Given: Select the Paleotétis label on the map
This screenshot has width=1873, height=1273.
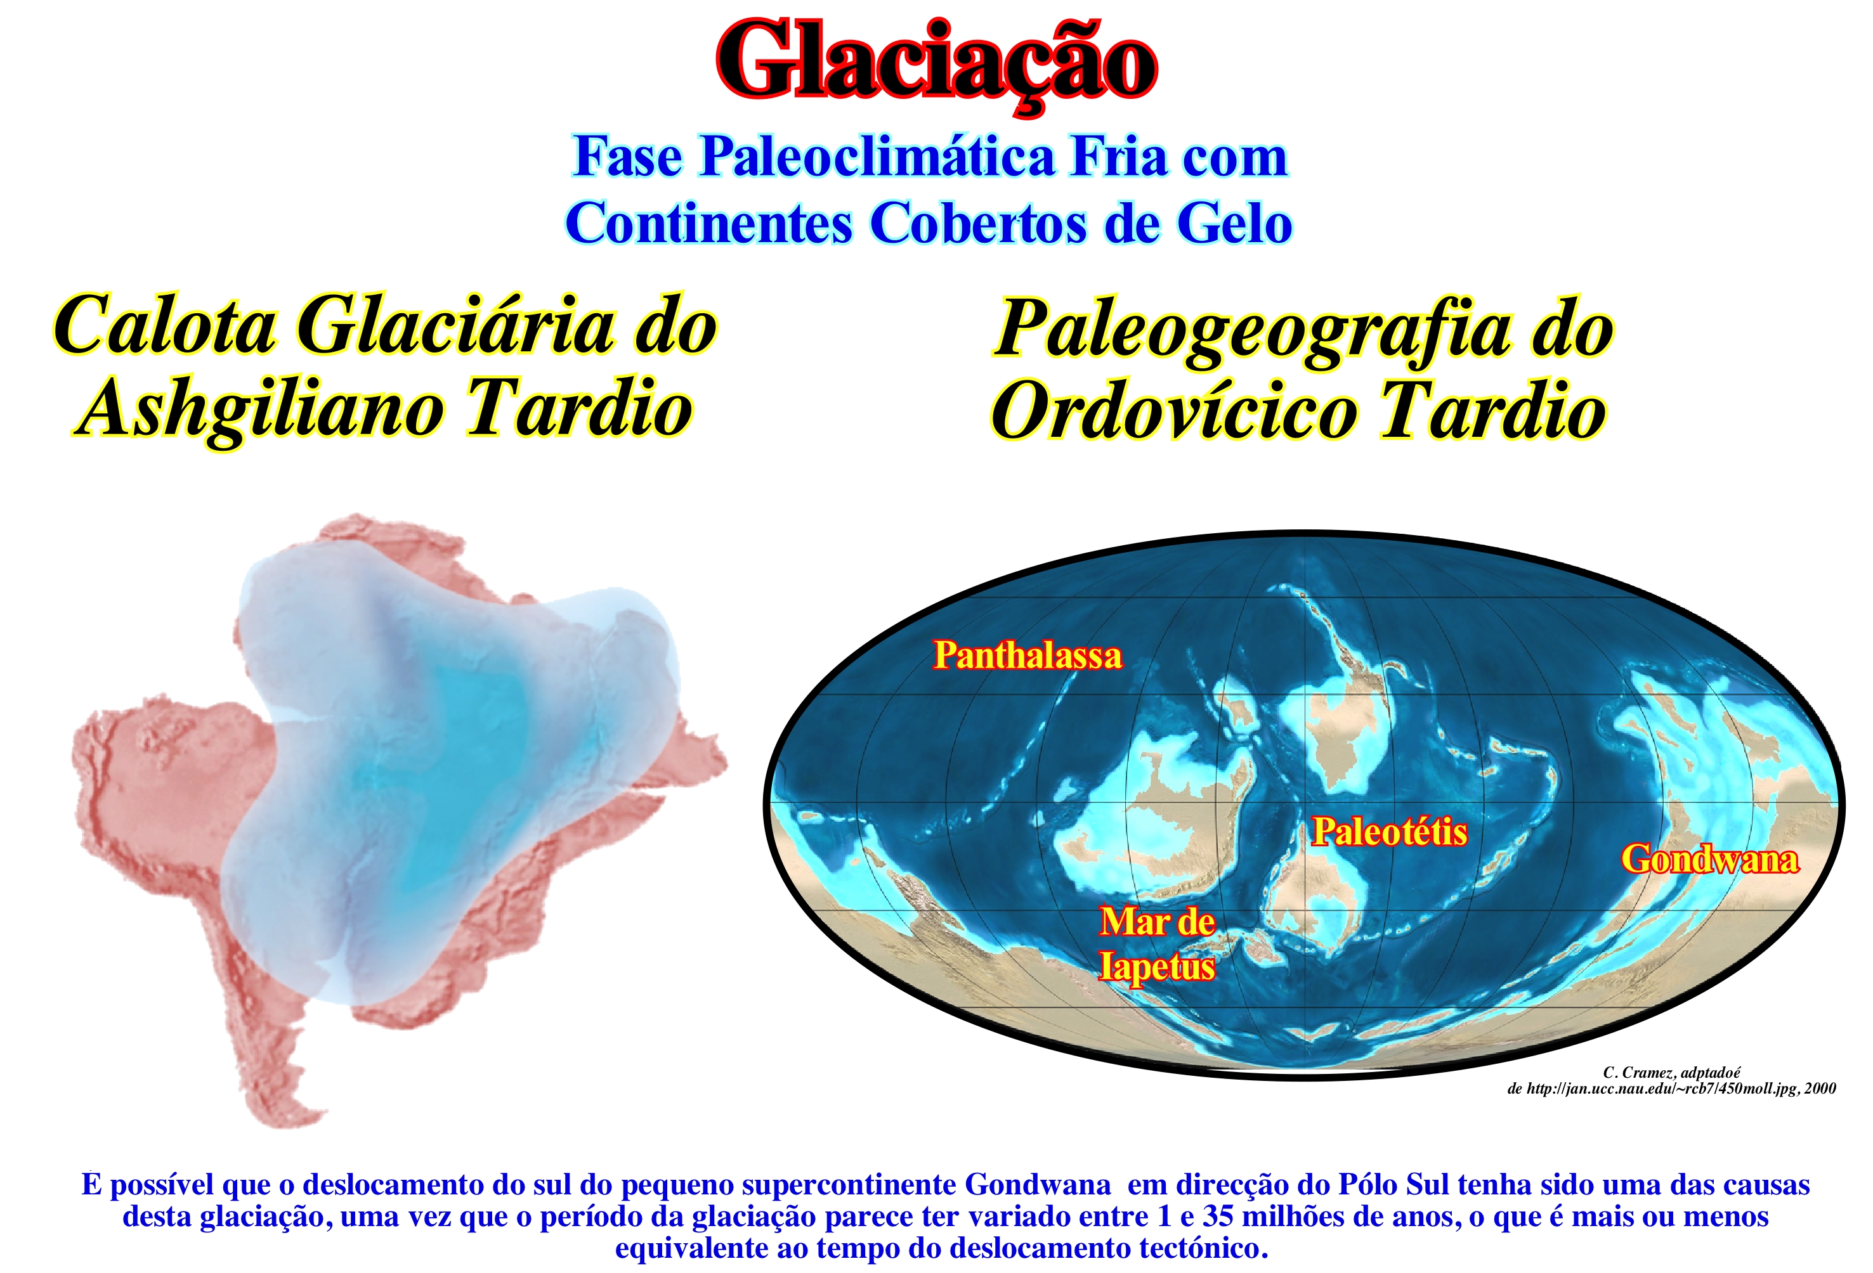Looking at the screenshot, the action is point(1390,832).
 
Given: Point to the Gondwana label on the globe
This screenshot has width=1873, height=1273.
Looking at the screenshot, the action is point(1709,859).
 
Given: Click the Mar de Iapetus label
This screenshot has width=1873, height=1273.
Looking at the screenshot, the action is point(1158,944).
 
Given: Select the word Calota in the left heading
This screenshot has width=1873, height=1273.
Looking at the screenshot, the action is point(164,326).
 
